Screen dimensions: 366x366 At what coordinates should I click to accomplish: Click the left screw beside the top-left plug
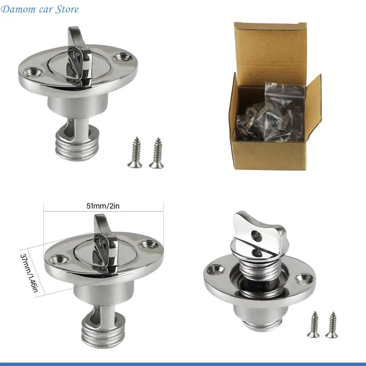pos(135,153)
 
